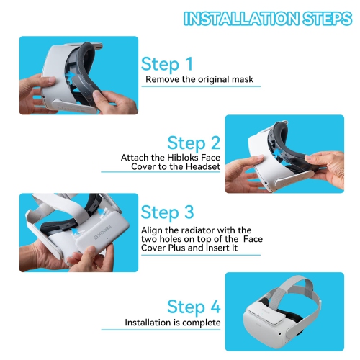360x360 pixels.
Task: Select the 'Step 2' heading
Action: [x=194, y=143]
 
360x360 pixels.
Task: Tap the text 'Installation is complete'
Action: [x=173, y=323]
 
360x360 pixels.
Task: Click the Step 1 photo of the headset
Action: [x=78, y=76]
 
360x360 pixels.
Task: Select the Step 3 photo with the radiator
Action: [x=78, y=232]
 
